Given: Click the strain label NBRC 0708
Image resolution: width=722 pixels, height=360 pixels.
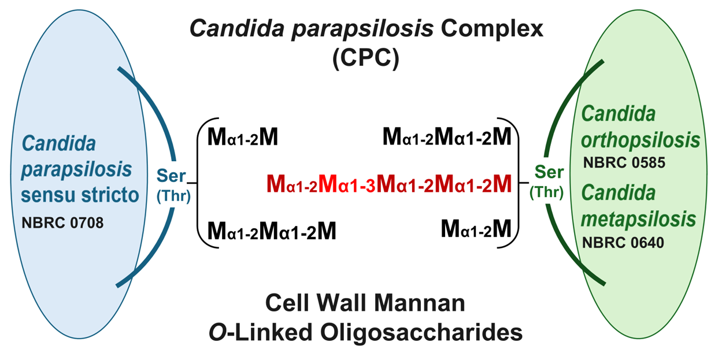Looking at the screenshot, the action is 62,222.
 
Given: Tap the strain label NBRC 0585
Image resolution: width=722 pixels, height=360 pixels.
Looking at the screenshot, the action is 624,162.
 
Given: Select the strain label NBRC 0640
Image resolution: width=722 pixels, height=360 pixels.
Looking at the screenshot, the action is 623,243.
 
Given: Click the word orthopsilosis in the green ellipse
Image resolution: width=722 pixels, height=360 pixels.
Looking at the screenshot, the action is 640,140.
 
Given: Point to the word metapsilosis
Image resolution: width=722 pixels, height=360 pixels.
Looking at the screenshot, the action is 639,219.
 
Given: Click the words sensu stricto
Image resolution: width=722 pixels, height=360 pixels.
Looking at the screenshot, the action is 80,195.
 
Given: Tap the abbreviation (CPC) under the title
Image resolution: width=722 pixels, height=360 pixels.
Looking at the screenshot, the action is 366,58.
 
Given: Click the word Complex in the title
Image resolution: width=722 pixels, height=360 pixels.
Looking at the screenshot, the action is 492,29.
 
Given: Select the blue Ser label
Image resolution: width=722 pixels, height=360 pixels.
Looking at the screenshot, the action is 171,176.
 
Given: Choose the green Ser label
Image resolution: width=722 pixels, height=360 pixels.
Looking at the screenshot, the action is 549,172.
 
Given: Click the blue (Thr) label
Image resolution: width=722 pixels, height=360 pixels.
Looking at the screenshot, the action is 174,195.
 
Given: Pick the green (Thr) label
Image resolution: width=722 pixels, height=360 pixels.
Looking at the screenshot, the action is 547,192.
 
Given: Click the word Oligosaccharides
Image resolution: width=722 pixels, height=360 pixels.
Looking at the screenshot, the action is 421,333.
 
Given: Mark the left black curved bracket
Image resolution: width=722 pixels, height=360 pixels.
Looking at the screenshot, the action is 198,183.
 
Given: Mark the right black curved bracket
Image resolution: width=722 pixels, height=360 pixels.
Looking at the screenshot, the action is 519,183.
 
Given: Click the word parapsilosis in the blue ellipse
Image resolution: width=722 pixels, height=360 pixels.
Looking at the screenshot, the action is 76,170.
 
